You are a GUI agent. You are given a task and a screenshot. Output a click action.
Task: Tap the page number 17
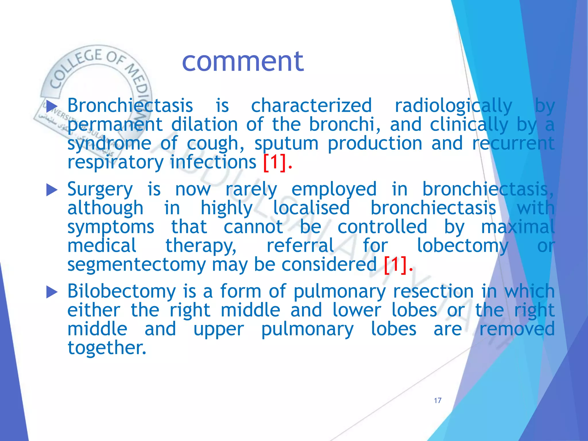[438, 401]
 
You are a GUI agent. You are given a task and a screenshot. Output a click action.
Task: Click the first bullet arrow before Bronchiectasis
[52, 106]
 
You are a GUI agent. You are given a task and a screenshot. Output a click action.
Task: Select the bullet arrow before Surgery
[52, 190]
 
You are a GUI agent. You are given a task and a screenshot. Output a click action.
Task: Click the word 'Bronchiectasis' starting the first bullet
[130, 105]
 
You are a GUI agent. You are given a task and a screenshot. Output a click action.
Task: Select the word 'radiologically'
[453, 105]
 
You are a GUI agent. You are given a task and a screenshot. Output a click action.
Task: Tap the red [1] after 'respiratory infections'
[275, 162]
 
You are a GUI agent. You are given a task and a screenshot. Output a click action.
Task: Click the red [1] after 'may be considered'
[396, 264]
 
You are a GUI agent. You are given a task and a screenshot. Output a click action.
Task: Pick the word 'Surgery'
[100, 189]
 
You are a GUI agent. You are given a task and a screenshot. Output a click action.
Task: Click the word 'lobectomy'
[462, 246]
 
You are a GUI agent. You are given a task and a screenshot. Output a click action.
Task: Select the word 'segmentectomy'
[137, 264]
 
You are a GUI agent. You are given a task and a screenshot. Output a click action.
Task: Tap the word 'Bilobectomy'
[121, 291]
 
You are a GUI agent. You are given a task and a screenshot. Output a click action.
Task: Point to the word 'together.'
[107, 348]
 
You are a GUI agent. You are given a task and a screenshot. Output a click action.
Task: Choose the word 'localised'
[311, 208]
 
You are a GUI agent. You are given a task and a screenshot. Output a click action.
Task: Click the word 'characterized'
[312, 105]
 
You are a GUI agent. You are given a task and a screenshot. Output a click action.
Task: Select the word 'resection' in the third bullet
[433, 291]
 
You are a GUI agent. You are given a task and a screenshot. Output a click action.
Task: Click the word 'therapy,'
[201, 246]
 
